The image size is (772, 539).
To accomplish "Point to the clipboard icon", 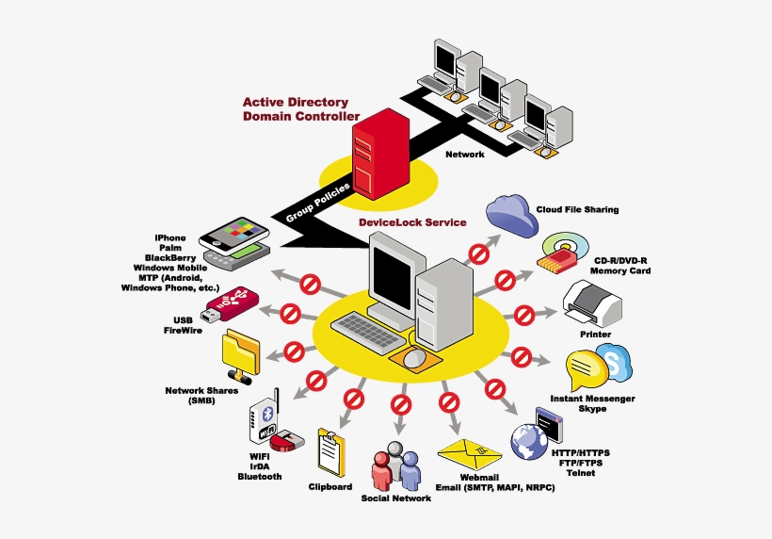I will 330,452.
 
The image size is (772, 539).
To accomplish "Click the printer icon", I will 590,303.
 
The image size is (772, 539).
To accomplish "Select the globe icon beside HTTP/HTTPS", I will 528,440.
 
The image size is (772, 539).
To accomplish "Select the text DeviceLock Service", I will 411,223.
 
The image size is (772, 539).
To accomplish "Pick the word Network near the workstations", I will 464,154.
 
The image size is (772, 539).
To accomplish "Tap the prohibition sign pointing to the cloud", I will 479,253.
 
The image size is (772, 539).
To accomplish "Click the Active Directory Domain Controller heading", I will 297,108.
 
